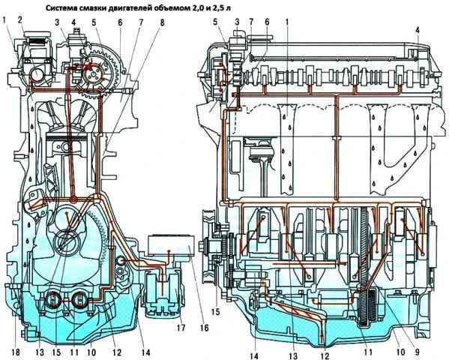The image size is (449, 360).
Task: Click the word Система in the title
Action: (59, 8)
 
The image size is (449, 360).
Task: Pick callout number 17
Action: (181, 328)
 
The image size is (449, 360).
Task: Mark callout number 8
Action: (162, 23)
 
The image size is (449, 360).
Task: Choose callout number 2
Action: (20, 19)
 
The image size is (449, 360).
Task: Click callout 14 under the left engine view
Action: (145, 352)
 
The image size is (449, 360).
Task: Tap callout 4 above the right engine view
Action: (418, 29)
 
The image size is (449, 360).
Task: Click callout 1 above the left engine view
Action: (4, 19)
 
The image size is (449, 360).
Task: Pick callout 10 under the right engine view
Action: (400, 352)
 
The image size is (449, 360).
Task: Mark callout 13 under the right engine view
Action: (293, 355)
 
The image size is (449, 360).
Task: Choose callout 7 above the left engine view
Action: (141, 23)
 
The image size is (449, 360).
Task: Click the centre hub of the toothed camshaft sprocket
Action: (92, 74)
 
